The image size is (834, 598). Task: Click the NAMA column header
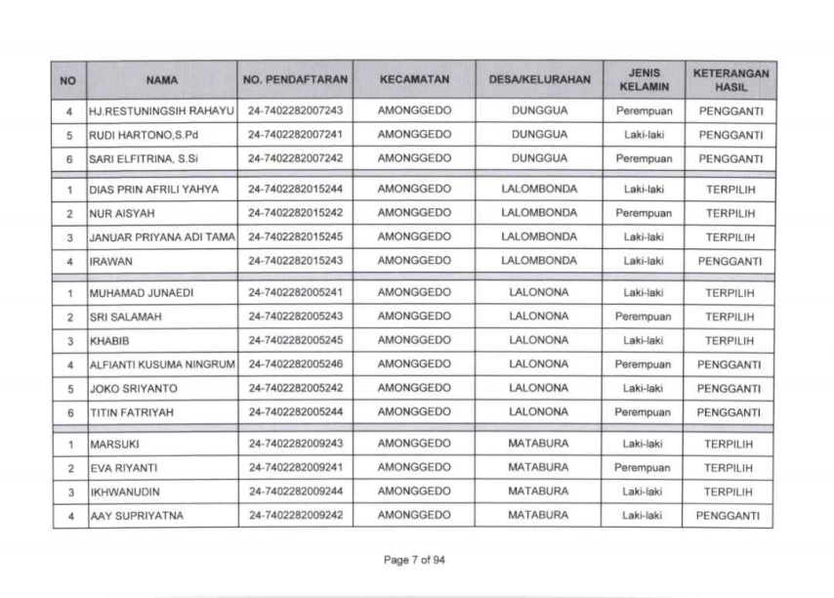[x=162, y=80]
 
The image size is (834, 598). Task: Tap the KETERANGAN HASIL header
[x=730, y=80]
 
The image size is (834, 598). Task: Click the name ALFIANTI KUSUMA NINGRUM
[x=161, y=363]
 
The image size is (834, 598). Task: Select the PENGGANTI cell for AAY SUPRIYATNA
[x=730, y=515]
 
